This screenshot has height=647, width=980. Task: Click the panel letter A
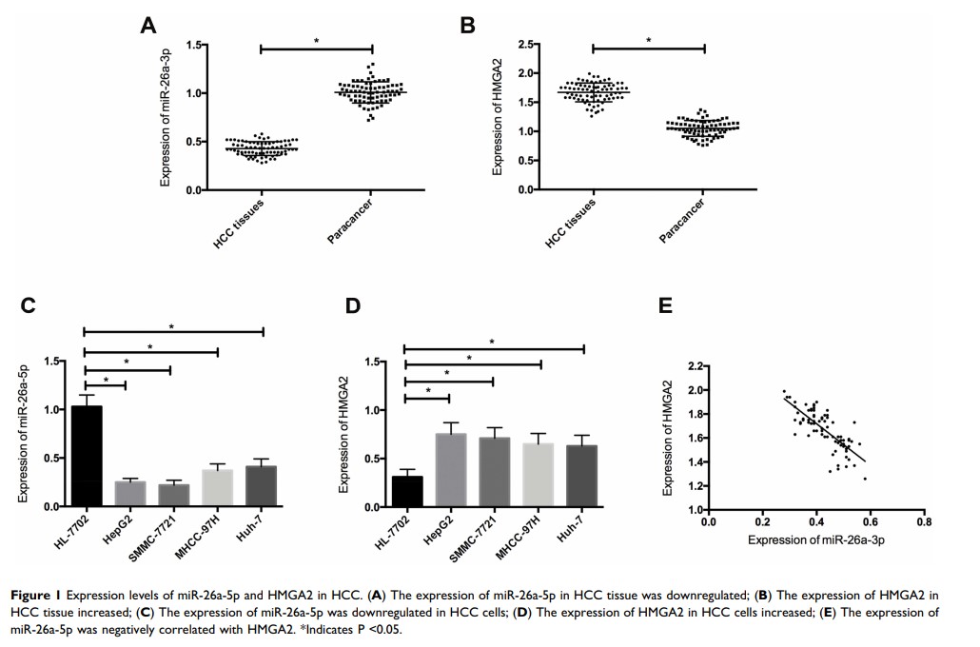click(147, 26)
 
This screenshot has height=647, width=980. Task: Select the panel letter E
click(665, 305)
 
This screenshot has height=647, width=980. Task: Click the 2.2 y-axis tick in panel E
click(694, 366)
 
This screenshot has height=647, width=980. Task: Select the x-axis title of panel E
click(813, 540)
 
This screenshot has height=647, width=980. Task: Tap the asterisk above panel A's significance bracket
click(316, 41)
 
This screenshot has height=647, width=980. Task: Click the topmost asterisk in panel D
click(493, 342)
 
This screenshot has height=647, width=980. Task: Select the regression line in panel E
click(824, 429)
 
